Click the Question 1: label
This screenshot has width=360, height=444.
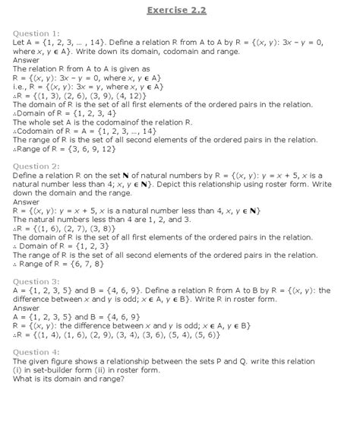tap(36, 33)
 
